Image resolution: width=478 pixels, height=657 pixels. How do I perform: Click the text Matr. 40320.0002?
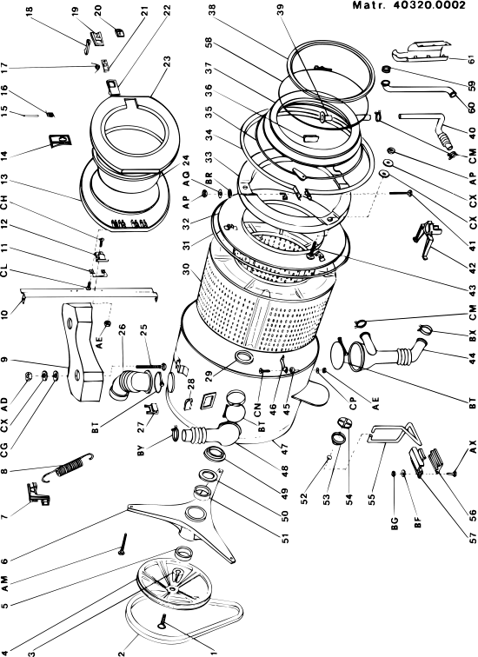click(408, 5)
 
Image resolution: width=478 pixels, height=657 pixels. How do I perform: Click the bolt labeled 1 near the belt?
click(163, 621)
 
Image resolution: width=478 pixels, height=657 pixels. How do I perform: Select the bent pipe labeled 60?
click(420, 90)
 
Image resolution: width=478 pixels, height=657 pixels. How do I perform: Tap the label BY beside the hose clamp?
click(141, 448)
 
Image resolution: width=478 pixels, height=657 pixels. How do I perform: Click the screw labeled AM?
click(123, 544)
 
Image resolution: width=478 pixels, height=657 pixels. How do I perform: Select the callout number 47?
click(285, 449)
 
